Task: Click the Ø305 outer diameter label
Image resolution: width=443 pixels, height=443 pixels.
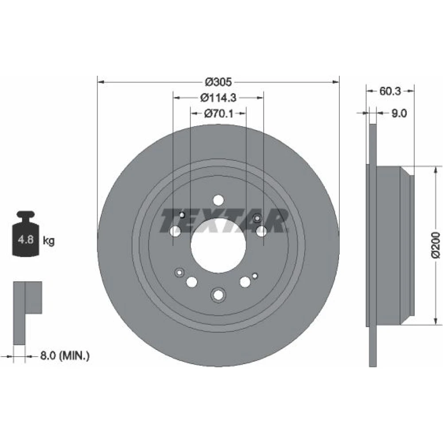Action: [218, 82]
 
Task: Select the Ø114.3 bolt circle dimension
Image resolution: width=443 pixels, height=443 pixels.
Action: [218, 98]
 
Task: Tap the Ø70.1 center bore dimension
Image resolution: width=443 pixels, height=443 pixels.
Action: [218, 113]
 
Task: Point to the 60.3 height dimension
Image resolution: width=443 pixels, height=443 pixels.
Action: [390, 91]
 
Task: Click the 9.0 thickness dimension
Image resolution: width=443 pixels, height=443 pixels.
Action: [399, 113]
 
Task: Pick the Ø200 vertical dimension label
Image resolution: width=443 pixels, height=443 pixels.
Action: [435, 245]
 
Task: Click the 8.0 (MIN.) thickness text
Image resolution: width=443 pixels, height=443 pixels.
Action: [65, 355]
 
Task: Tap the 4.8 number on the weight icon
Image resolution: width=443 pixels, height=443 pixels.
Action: [26, 240]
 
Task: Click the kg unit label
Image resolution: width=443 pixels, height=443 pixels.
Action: [49, 241]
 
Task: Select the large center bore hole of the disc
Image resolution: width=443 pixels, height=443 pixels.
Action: [218, 245]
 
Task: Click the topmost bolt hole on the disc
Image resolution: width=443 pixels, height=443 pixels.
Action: [218, 200]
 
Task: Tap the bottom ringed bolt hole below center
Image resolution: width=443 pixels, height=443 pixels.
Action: [218, 295]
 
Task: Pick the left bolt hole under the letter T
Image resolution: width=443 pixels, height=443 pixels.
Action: [175, 231]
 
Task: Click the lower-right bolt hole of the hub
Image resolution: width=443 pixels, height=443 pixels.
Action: [245, 282]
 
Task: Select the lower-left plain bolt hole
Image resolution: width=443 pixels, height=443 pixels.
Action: [192, 281]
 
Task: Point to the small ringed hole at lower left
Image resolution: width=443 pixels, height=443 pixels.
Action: [179, 272]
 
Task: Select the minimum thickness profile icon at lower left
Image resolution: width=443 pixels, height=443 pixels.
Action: [27, 313]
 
